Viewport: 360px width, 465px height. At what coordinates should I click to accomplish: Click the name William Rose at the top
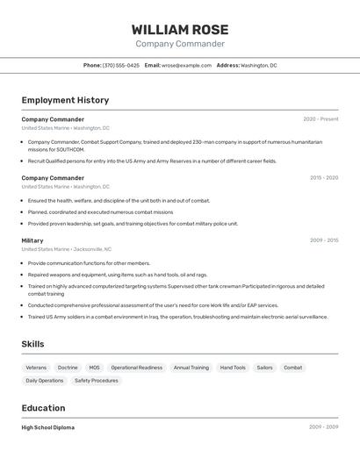pos(180,29)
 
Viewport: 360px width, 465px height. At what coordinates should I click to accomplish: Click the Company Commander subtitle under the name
pos(180,44)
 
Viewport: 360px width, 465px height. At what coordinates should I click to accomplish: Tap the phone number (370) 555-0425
pos(121,65)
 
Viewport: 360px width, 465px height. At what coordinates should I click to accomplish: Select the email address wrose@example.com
pos(186,65)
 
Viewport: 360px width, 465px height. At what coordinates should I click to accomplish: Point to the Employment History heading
pos(65,100)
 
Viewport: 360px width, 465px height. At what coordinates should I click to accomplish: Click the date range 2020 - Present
pos(320,119)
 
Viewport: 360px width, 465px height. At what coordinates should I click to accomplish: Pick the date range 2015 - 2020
pos(323,178)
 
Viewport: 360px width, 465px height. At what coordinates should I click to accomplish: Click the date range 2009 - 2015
pos(323,240)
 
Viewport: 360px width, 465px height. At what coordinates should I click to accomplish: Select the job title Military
pos(32,240)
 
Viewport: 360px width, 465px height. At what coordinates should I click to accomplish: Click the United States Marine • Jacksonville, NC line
pos(66,249)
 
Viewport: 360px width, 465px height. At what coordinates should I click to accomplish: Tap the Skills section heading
pos(32,344)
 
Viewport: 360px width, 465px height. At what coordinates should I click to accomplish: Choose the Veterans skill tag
pos(36,368)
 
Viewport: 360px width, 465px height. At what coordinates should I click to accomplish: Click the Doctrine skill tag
pos(68,368)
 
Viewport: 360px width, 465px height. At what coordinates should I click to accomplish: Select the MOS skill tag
pos(94,368)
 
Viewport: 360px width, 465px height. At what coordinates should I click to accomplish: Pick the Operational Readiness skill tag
pos(136,368)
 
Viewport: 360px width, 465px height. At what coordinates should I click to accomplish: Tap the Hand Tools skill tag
pos(233,368)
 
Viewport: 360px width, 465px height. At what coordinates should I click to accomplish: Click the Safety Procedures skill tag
pos(96,381)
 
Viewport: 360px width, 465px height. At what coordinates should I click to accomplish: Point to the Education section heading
pos(43,408)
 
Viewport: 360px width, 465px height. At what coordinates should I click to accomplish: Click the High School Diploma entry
pos(48,427)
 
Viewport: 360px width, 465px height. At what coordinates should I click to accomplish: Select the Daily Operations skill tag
pos(45,381)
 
